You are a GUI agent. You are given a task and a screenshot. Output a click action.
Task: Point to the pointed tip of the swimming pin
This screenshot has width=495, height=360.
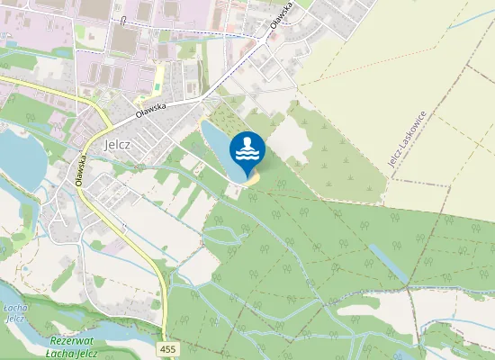point(247,176)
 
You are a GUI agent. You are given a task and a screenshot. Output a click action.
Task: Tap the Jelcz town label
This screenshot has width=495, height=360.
point(119,142)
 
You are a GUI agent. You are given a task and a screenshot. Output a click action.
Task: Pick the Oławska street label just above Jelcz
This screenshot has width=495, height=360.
point(152,111)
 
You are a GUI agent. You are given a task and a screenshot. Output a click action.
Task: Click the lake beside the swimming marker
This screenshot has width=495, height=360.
point(216,148)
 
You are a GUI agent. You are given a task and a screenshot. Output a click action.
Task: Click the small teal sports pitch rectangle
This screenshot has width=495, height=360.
point(157,86)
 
